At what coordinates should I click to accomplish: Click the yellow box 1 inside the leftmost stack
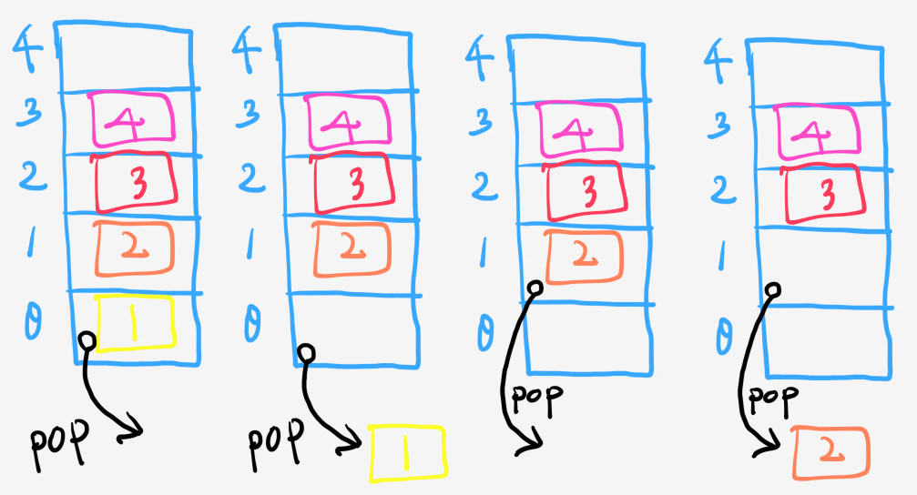[x=135, y=323]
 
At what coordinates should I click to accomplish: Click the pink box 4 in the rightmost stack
[x=817, y=132]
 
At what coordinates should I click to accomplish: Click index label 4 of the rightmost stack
[x=718, y=61]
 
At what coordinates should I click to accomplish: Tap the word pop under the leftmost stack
[x=58, y=445]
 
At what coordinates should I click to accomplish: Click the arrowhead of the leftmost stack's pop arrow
[x=135, y=429]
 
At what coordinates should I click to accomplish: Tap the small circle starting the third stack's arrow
[x=535, y=288]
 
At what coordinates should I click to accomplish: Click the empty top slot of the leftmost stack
[x=127, y=59]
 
